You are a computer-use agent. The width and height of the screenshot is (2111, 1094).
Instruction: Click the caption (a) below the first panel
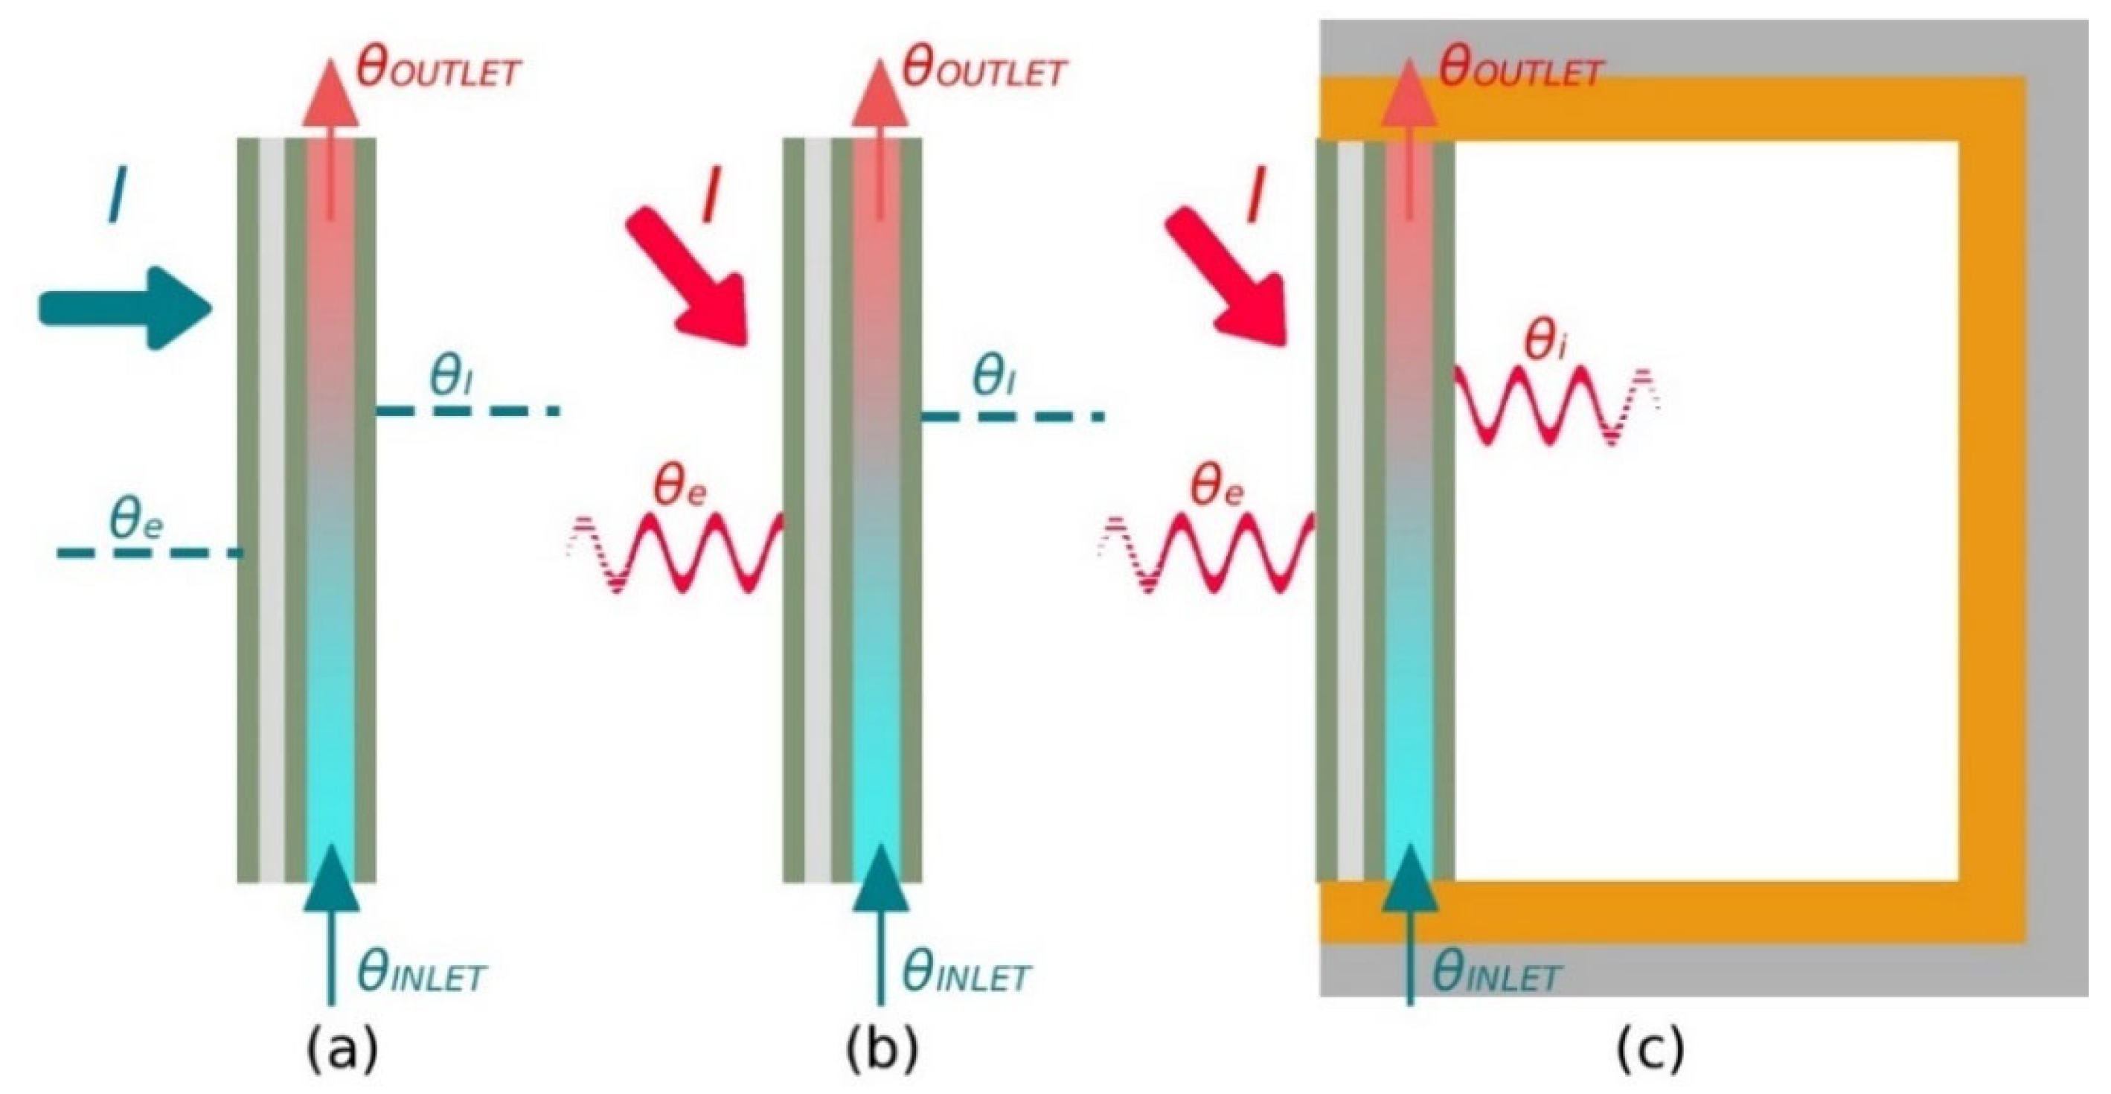(x=342, y=1051)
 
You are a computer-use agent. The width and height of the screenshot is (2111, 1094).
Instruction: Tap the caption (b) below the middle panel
(x=882, y=1051)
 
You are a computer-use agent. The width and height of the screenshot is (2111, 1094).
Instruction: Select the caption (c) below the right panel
(x=1650, y=1051)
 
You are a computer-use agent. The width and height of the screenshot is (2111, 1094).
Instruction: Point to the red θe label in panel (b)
(x=680, y=487)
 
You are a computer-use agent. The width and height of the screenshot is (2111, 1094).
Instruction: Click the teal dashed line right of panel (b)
(x=1012, y=417)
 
